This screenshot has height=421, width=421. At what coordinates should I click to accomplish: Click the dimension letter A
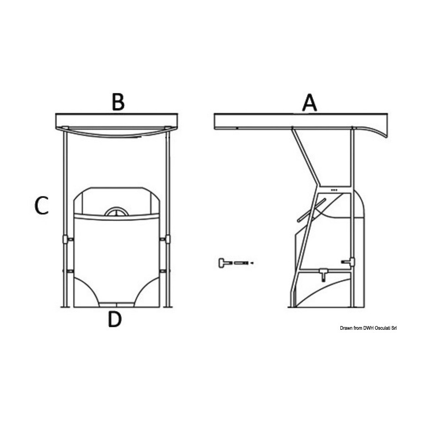tap(310, 103)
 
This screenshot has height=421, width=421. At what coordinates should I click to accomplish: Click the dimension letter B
tap(118, 102)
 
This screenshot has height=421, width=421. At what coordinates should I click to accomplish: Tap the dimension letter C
tap(42, 206)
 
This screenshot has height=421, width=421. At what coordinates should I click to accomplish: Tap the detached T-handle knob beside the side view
tap(224, 263)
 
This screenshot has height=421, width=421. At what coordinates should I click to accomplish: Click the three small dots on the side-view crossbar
tap(334, 190)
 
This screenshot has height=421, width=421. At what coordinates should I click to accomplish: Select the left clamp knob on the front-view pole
tap(65, 239)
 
